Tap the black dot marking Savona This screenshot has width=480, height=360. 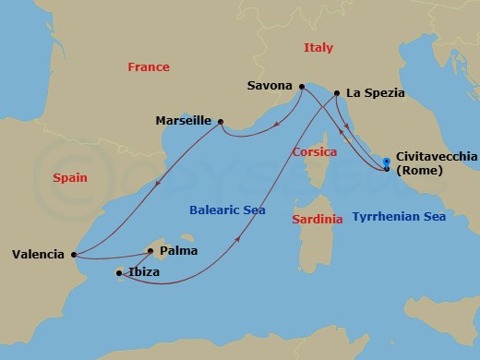tap(300, 88)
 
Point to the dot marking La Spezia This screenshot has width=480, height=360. tap(337, 93)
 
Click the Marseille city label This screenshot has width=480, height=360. tap(185, 121)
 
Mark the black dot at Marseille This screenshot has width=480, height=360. tap(221, 121)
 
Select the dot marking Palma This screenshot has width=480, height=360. tap(150, 250)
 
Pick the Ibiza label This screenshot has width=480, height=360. tap(144, 273)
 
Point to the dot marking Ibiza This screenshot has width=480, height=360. tap(119, 273)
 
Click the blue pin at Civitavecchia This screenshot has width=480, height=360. tap(387, 164)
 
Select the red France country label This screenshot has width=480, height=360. tap(148, 66)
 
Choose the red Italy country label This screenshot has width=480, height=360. tap(318, 47)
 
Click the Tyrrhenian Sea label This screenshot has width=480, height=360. tap(399, 217)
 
